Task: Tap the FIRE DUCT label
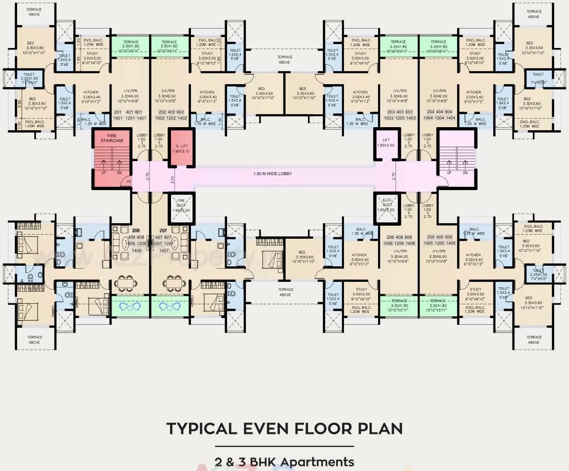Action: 181,206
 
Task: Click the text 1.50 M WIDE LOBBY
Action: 272,174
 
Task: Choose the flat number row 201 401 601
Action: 128,112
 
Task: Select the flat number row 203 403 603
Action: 395,112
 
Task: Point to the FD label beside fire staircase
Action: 128,182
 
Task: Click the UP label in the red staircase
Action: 103,173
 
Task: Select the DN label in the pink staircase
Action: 465,173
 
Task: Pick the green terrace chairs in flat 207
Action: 170,306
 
